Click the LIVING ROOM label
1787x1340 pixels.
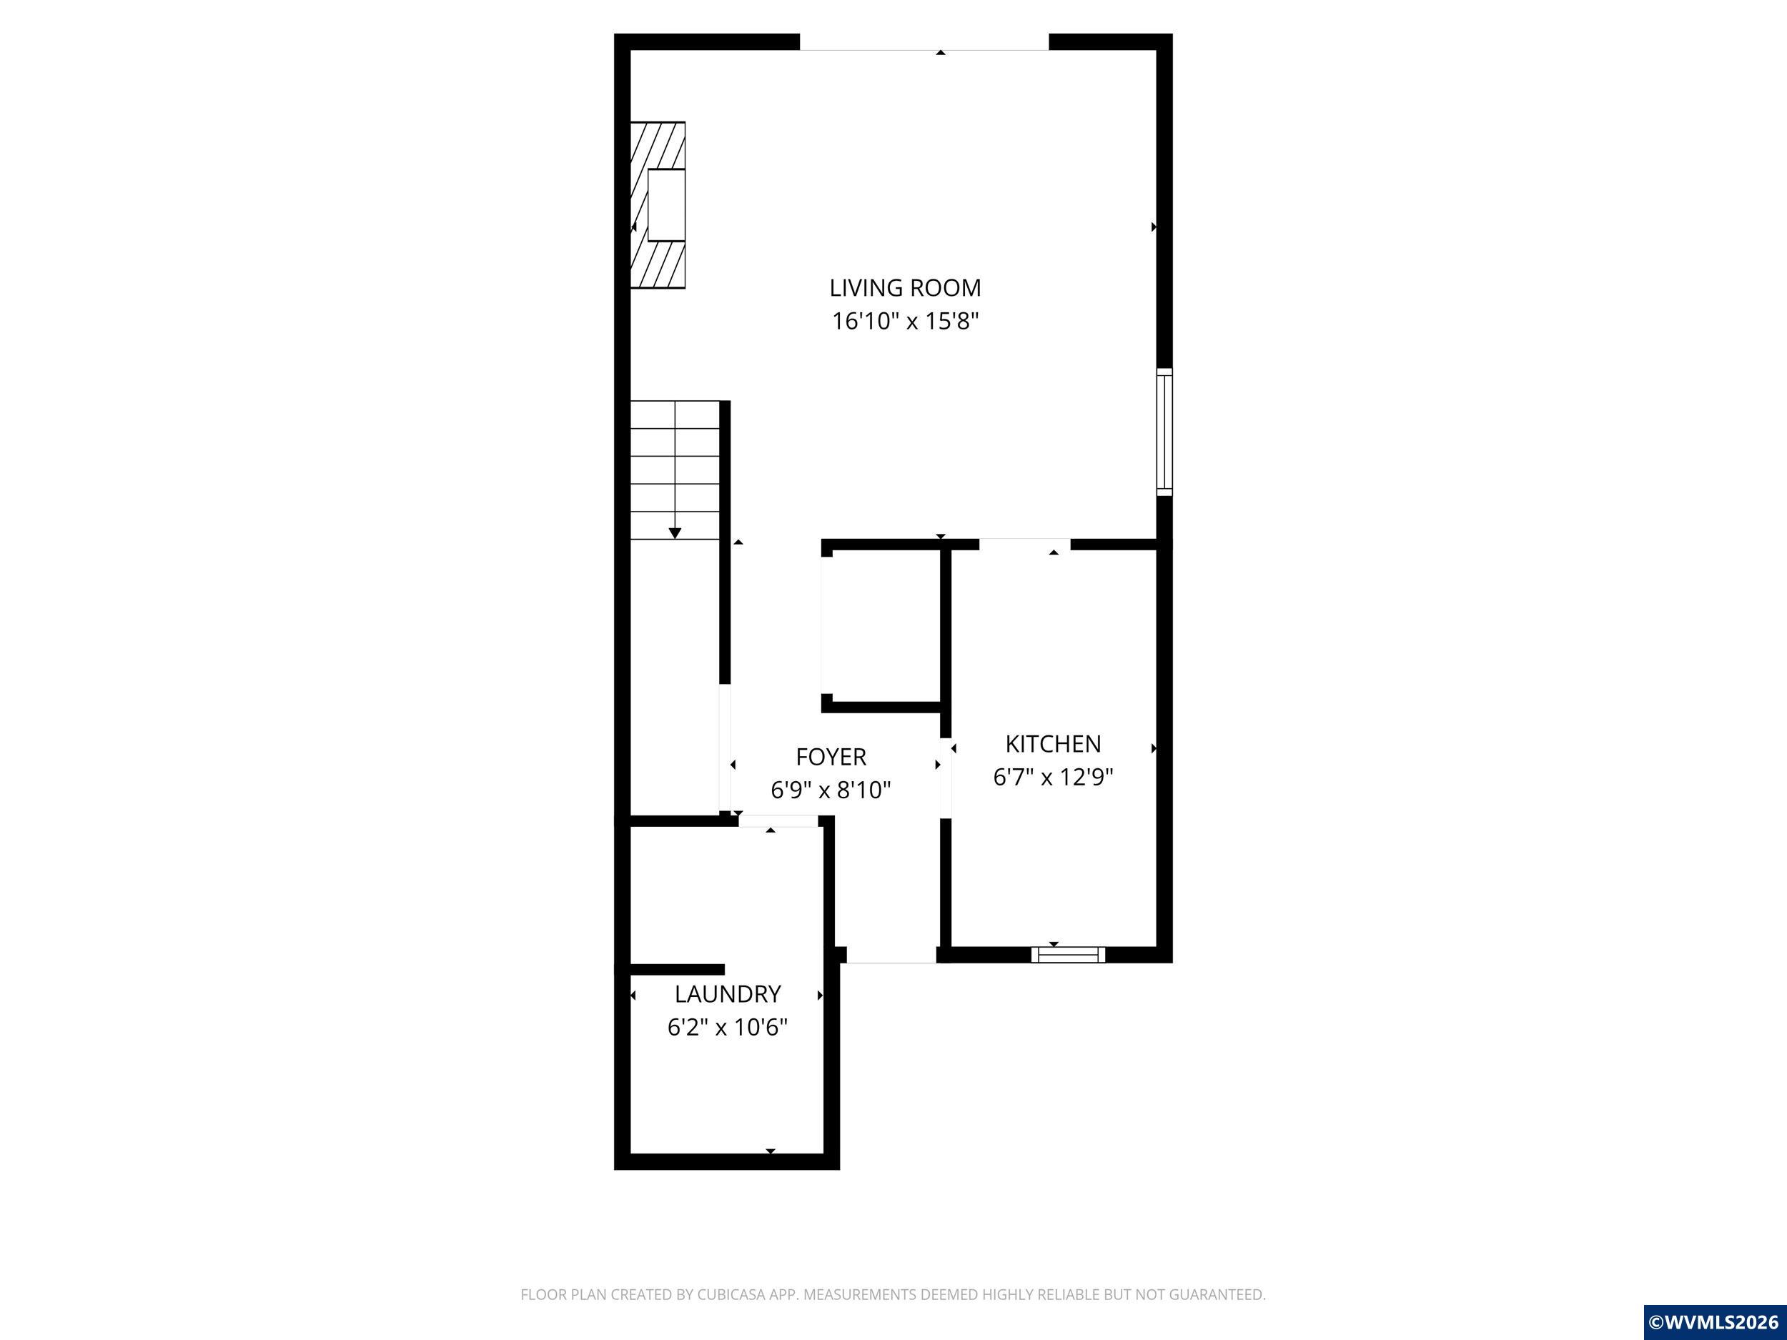point(905,287)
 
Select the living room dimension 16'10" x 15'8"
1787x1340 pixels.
point(905,322)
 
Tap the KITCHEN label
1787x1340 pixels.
point(1053,743)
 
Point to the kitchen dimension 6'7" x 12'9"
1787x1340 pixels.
point(1053,777)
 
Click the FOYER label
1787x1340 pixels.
point(831,757)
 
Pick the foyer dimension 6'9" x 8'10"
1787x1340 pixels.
point(831,790)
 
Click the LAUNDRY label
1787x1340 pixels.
point(727,993)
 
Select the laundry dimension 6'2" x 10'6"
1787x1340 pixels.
point(727,1028)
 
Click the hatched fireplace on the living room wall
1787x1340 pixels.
point(658,205)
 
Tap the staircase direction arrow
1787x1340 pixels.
point(675,532)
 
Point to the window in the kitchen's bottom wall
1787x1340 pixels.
point(1068,955)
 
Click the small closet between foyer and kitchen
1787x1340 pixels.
point(882,626)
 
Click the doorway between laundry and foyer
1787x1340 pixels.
point(777,820)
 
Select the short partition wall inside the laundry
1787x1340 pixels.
point(677,969)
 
